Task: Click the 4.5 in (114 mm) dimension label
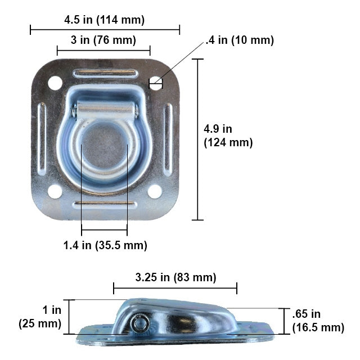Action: click(105, 20)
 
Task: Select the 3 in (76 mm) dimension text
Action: click(103, 41)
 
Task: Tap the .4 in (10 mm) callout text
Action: click(240, 40)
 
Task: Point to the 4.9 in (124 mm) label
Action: click(228, 136)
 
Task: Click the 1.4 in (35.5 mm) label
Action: click(105, 245)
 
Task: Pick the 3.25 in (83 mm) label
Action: click(175, 277)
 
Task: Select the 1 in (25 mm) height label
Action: click(40, 317)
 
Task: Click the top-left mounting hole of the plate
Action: click(55, 83)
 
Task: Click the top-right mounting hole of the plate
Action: click(155, 84)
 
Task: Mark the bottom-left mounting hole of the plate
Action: click(55, 191)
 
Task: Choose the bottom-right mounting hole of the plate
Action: click(155, 191)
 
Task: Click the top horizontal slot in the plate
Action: click(105, 73)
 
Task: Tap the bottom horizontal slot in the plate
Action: click(105, 204)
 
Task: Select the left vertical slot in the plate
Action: click(42, 138)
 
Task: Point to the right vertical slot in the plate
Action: click(168, 138)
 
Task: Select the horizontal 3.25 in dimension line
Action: click(175, 289)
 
